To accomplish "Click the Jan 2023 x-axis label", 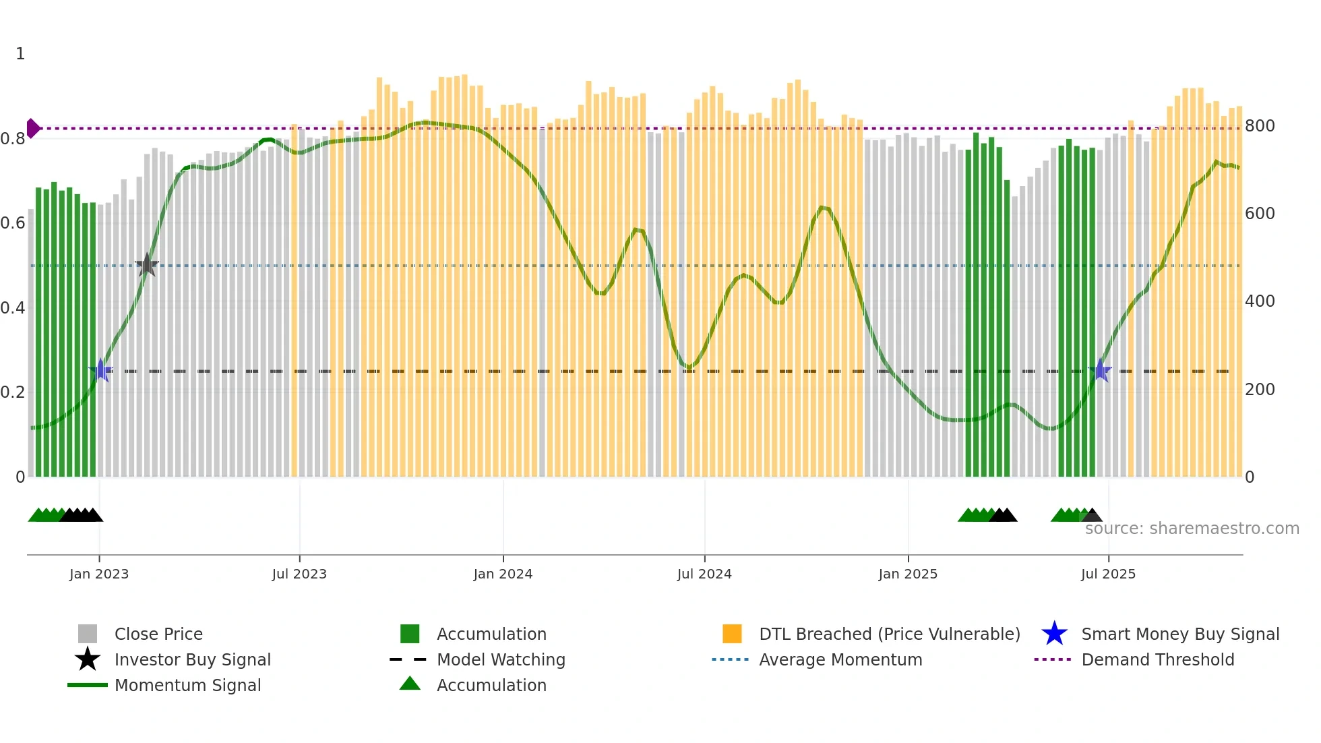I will tap(99, 574).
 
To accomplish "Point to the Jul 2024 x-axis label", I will tap(704, 574).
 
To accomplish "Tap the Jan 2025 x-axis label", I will tap(908, 574).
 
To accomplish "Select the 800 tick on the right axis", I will tap(1260, 126).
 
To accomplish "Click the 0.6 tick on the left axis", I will tap(13, 223).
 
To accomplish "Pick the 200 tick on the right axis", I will tap(1260, 390).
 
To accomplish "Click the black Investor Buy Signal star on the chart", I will tap(147, 265).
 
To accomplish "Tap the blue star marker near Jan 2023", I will tap(100, 370).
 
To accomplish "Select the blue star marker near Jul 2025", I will tap(1100, 370).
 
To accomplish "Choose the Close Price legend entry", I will tap(158, 634).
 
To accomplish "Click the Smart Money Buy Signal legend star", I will tap(1054, 634).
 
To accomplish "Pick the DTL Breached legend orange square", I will tap(732, 634).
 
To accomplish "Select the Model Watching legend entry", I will tap(501, 659).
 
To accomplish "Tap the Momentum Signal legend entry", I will tap(187, 685).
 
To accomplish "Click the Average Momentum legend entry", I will tap(840, 659).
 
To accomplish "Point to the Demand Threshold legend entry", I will tap(1157, 659).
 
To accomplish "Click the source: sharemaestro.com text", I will tap(1192, 529).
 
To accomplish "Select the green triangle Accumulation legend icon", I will tap(410, 684).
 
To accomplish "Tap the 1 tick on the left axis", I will tap(20, 54).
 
